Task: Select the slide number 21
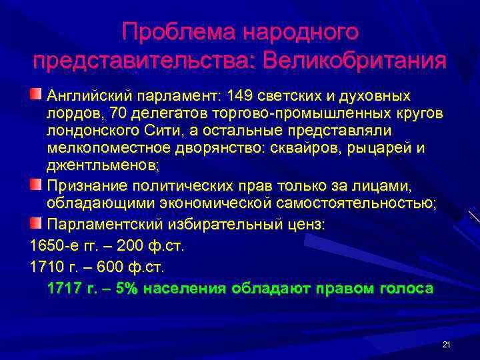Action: (x=446, y=344)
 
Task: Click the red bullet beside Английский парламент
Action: (x=35, y=92)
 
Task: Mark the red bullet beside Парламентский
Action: (x=35, y=221)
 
